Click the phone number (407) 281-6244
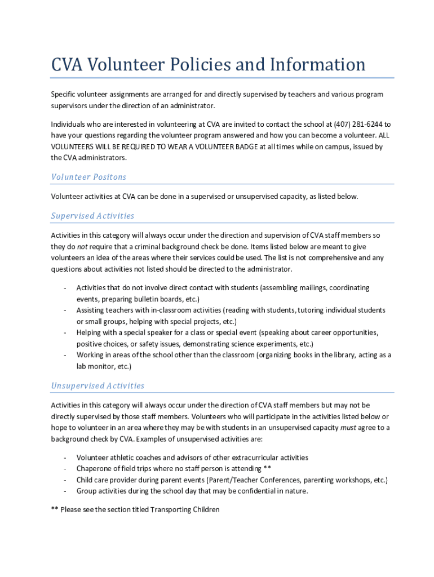(x=357, y=124)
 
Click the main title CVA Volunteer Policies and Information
(x=209, y=64)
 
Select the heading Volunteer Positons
(x=88, y=177)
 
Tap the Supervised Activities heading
(x=92, y=216)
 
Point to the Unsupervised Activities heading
(x=98, y=386)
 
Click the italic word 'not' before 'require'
(x=82, y=246)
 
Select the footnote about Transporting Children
(x=135, y=509)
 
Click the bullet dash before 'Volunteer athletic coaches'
(x=65, y=458)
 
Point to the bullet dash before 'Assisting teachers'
(x=65, y=310)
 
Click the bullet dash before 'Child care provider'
(x=65, y=480)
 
